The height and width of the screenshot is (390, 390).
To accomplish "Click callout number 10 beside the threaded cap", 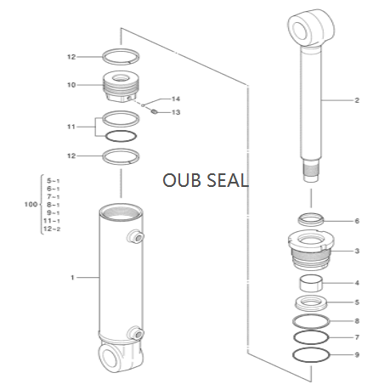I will pos(71,84).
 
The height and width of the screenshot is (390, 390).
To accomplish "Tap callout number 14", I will pos(176,99).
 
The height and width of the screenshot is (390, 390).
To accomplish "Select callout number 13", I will pos(176,112).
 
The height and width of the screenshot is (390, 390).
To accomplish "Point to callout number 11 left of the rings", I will pos(71,127).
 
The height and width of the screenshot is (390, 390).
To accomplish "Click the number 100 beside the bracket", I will pos(30,205).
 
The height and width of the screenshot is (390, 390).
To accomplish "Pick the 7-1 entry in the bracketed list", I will pos(53,196).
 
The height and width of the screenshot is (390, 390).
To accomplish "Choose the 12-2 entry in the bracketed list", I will pos(53,229).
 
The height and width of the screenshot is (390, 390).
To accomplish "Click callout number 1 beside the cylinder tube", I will pos(73,278).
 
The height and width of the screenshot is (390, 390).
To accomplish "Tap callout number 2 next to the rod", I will pos(357,100).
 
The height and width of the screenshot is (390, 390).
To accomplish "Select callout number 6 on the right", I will pos(357,221).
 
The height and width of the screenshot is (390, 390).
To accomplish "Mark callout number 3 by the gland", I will pos(357,251).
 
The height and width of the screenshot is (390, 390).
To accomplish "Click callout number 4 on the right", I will pos(357,283).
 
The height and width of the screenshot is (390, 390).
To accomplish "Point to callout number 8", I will pos(357,320).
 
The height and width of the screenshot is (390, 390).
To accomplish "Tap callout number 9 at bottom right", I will pos(357,354).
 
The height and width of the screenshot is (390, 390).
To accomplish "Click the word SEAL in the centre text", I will pos(226,180).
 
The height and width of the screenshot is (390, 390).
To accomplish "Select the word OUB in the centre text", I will pos(182,180).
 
